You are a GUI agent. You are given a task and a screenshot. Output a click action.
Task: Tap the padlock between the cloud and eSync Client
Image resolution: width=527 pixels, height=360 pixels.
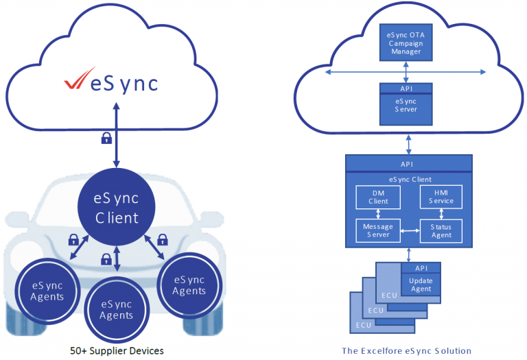click(x=106, y=139)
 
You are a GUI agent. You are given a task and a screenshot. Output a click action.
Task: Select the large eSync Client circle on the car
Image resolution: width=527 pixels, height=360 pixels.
click(x=116, y=208)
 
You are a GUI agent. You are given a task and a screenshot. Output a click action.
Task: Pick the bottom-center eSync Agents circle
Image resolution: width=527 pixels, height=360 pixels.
click(x=116, y=309)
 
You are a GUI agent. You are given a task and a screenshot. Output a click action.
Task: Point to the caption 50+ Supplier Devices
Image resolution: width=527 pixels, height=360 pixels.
click(x=116, y=350)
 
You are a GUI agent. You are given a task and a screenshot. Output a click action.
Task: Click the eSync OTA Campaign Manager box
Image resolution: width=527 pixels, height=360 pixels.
click(x=409, y=43)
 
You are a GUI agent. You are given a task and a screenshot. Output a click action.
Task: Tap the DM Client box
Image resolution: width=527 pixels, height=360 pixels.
click(x=378, y=197)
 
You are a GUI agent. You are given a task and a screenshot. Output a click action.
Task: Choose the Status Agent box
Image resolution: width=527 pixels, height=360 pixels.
click(x=441, y=231)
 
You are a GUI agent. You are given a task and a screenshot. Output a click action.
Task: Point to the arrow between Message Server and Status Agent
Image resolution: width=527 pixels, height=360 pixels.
click(x=410, y=231)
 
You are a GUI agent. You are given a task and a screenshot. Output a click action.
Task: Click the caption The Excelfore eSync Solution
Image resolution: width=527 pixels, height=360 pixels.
click(x=406, y=350)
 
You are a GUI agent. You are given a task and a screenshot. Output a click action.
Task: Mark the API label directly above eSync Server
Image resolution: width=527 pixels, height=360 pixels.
click(x=406, y=88)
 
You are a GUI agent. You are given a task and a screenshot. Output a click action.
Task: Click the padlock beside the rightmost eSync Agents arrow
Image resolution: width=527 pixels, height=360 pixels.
click(x=163, y=240)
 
